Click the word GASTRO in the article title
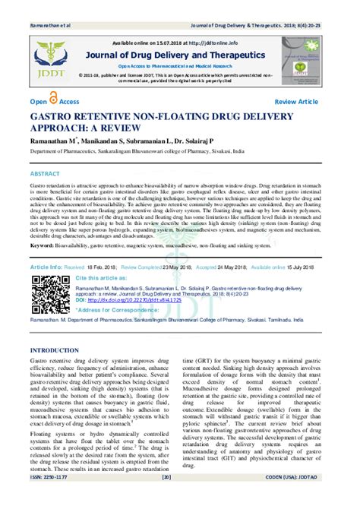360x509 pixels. (x=55, y=120)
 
